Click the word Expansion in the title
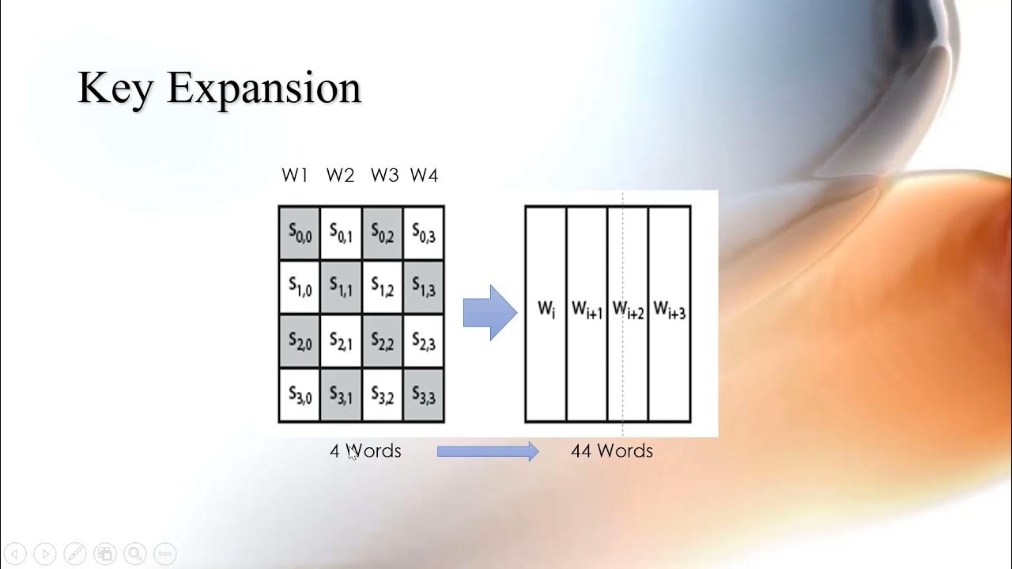[264, 89]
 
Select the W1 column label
[295, 175]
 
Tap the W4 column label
[424, 175]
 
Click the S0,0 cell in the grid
[300, 232]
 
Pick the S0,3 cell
[424, 232]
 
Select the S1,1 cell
[342, 287]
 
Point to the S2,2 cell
[383, 341]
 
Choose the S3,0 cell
[300, 395]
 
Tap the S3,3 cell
[424, 395]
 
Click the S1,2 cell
[383, 287]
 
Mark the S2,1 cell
[342, 341]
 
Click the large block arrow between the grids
[489, 313]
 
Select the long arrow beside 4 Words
[487, 451]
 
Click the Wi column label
[546, 309]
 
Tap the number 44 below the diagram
[581, 451]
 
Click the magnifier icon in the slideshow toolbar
[134, 554]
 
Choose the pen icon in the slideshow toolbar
[75, 554]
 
